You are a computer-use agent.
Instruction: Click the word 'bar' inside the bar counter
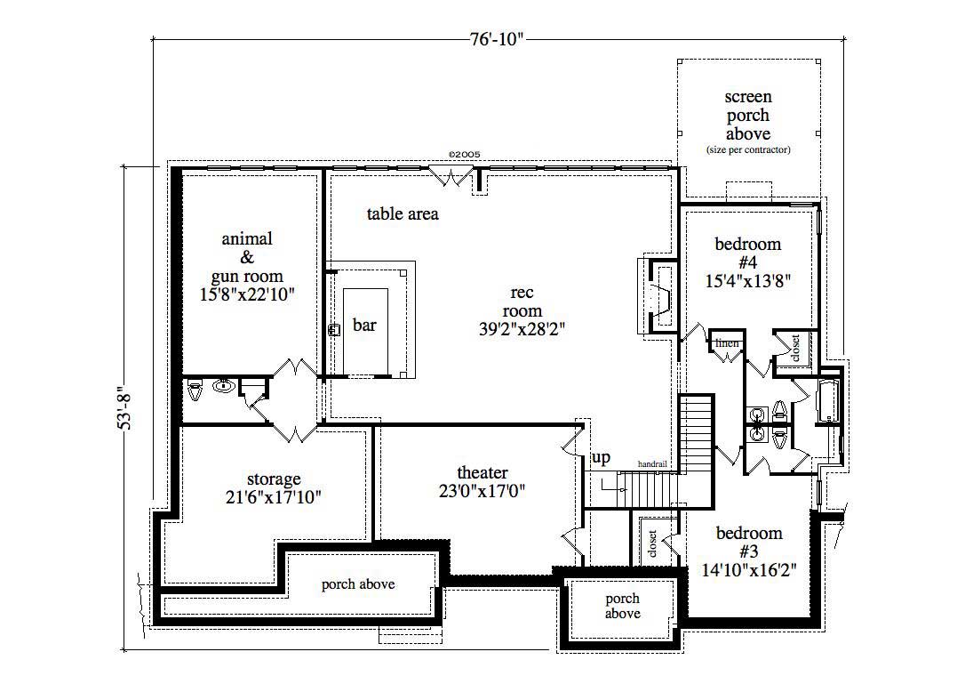364,326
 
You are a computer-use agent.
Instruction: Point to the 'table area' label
403,214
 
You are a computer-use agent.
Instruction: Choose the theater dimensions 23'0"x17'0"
482,492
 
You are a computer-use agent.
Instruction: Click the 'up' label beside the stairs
602,458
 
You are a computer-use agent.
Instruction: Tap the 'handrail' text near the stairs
653,464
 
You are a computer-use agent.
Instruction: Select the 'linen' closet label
728,343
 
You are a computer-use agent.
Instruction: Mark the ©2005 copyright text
464,154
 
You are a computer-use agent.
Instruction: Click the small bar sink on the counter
335,329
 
